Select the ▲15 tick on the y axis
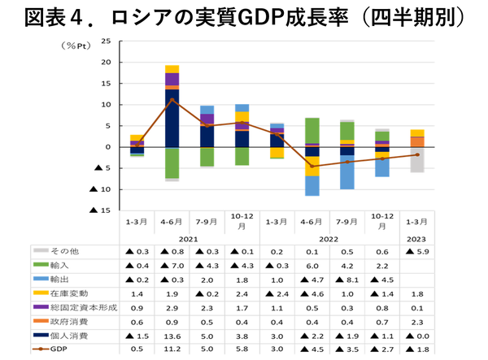pos(102,210)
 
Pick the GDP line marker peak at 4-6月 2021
pos(172,99)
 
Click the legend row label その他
pos(68,252)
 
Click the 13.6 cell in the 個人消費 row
pos(172,335)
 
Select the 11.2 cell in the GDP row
pos(172,349)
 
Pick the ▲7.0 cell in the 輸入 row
pos(172,266)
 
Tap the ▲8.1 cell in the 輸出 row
pos(346,280)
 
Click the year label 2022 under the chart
pos(329,239)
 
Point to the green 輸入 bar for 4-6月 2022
pos(312,131)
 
